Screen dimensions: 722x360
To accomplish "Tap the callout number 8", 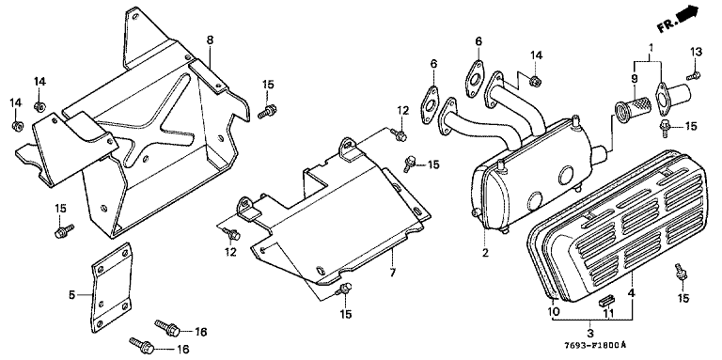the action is click(210, 40).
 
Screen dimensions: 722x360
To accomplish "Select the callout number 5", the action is click(71, 294).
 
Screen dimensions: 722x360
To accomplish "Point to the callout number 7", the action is click(392, 273).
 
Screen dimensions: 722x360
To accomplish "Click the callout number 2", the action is click(485, 252).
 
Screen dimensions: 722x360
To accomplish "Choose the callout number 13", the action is click(696, 52).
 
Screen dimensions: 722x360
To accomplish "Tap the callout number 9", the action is click(635, 79).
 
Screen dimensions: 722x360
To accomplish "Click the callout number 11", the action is click(609, 314).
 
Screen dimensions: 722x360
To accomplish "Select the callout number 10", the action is click(554, 312).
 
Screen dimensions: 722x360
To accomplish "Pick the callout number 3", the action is click(590, 333).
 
